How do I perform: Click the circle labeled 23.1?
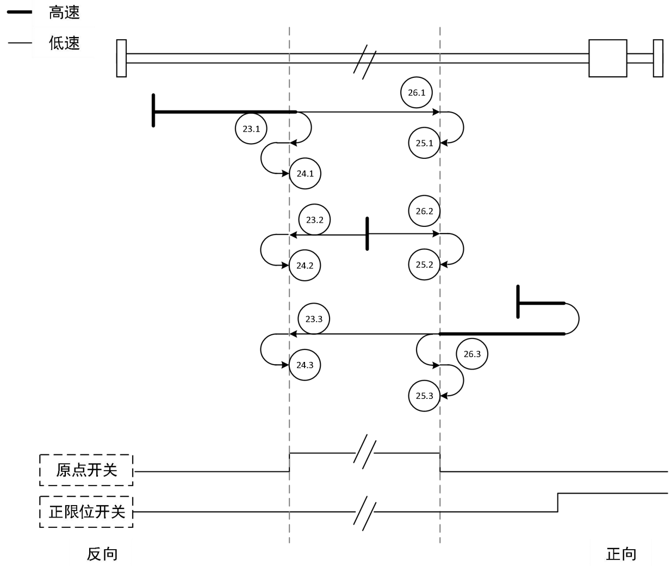pyautogui.click(x=251, y=129)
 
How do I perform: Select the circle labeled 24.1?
pyautogui.click(x=305, y=174)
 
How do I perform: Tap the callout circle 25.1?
pyautogui.click(x=424, y=143)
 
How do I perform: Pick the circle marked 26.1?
pyautogui.click(x=417, y=93)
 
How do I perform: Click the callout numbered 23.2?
pyautogui.click(x=314, y=220)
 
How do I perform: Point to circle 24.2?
pyautogui.click(x=305, y=266)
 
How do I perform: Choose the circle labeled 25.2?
pyautogui.click(x=424, y=264)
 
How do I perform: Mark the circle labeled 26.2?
pyautogui.click(x=424, y=211)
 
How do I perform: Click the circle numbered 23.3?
pyautogui.click(x=314, y=319)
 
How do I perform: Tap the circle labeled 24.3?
pyautogui.click(x=305, y=365)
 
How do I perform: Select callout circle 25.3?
pyautogui.click(x=424, y=396)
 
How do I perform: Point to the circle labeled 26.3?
pyautogui.click(x=472, y=354)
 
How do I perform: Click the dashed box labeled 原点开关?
pyautogui.click(x=86, y=470)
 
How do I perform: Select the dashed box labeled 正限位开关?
pyautogui.click(x=86, y=512)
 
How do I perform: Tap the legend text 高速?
pyautogui.click(x=64, y=13)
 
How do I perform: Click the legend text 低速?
pyautogui.click(x=64, y=43)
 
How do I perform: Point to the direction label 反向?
pyautogui.click(x=102, y=554)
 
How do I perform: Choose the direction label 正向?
pyautogui.click(x=621, y=554)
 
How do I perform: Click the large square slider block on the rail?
pyautogui.click(x=607, y=58)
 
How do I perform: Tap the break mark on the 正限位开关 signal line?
pyautogui.click(x=364, y=513)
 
